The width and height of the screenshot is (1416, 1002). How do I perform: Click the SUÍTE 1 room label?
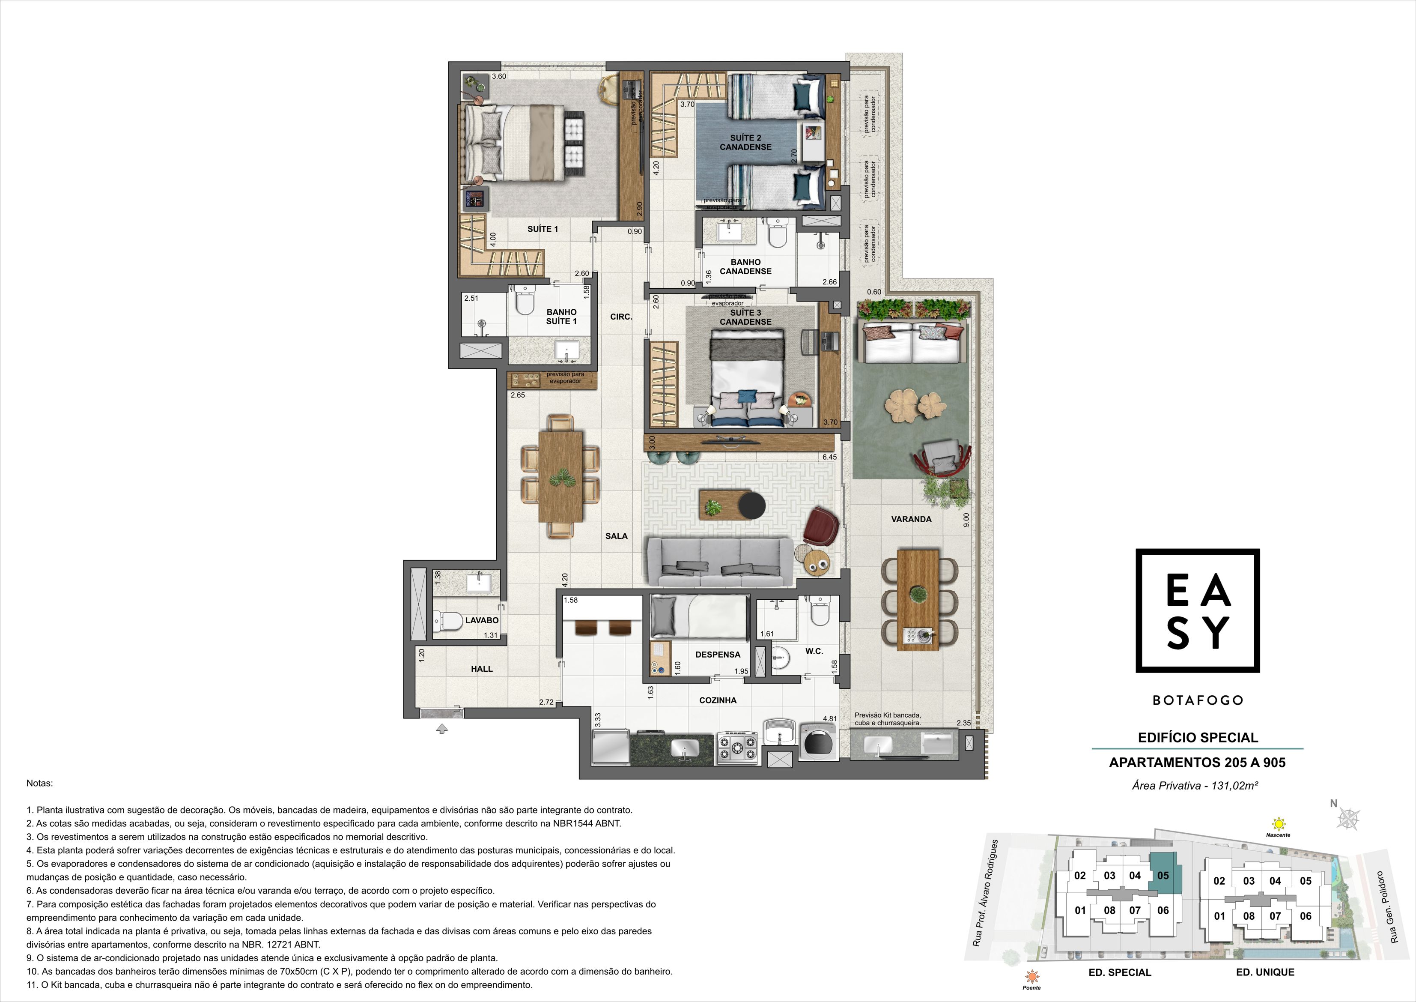click(542, 229)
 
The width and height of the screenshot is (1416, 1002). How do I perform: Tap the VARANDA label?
click(911, 519)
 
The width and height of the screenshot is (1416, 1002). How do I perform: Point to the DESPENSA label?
click(718, 655)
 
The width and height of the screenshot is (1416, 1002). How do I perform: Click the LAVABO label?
click(482, 620)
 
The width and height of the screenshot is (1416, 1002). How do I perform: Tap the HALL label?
click(482, 669)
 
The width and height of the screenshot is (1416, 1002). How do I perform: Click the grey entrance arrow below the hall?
click(441, 729)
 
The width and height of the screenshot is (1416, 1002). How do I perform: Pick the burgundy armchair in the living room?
click(822, 527)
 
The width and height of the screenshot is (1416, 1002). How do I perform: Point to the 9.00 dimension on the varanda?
click(966, 520)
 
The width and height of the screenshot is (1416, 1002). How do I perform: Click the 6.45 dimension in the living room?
click(829, 457)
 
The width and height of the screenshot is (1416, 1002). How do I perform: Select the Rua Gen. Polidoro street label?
click(1395, 907)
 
